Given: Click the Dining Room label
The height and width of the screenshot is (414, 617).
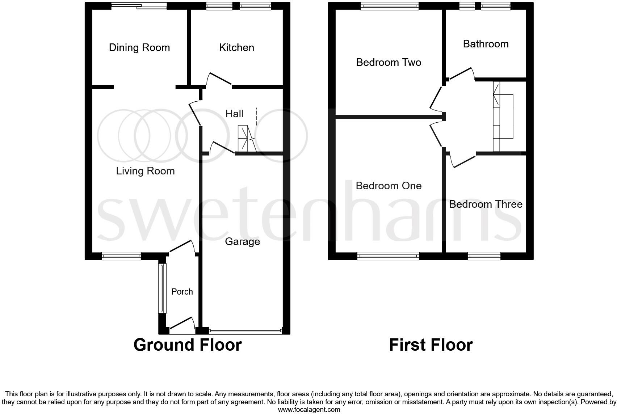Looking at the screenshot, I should coord(139,48).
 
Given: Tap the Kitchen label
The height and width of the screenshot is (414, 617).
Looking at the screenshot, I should coord(236,48).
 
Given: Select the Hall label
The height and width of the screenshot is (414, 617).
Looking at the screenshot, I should coord(234,114).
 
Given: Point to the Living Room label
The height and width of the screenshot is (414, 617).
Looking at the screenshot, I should coord(145,171).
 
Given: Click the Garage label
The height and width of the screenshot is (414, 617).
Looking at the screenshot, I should coord(242,242).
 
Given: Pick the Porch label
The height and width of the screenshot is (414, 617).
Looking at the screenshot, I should coord(182,292).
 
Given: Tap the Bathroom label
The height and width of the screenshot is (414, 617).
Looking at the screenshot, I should coord(486,44).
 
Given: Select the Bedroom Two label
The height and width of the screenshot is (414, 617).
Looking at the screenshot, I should coord(389,63).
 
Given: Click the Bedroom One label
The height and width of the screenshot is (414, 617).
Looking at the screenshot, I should coord(389,186).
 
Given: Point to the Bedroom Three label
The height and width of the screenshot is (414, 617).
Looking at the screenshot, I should coord(486,204).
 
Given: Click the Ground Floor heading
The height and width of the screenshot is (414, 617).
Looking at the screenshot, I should coord(188,345).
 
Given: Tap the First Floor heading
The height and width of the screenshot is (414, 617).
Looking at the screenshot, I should coord(431,345).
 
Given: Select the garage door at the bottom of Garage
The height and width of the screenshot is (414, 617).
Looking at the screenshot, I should coord(245,331).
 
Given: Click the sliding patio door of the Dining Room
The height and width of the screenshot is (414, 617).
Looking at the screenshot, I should coord(139,5).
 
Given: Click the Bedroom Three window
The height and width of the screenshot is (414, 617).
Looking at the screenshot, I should coord(484,256).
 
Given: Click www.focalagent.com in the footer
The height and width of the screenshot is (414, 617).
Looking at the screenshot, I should coord(309,410).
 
